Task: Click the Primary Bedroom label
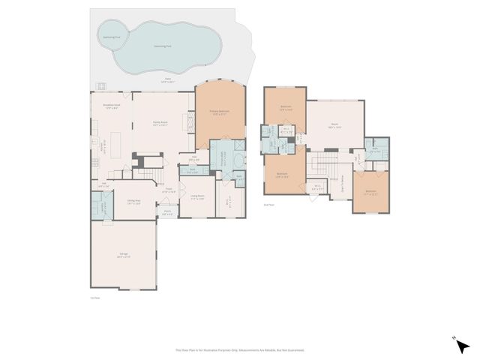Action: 220,114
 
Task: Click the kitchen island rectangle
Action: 115,142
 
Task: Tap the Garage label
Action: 124,256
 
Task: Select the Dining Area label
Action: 134,201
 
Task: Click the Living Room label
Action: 197,197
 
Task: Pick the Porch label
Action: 167,212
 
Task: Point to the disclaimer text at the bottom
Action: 240,349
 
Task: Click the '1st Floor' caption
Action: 94,298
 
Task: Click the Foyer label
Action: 169,190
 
